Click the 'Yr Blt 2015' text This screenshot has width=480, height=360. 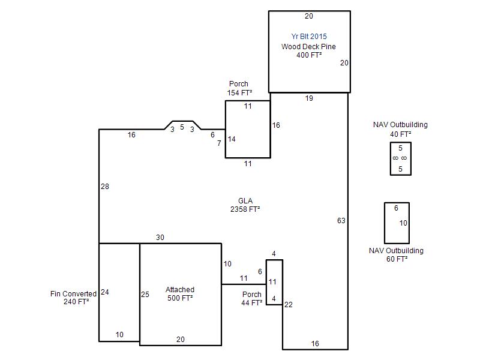coord(309,37)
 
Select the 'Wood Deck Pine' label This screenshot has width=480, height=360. coord(308,47)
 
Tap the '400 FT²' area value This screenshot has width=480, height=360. coord(309,55)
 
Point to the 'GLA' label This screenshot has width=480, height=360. coord(245,201)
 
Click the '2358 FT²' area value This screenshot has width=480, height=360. coord(245,209)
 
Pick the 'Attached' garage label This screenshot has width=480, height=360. coord(180,290)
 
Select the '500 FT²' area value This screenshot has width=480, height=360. coord(180,298)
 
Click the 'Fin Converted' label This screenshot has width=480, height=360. coord(73,294)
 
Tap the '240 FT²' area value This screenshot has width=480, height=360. coord(76,302)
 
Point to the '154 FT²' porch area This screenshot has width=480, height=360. coord(239,93)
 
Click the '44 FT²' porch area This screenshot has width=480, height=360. coord(251,303)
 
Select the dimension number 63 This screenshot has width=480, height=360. coord(341,220)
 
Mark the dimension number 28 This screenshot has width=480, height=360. coord(105,187)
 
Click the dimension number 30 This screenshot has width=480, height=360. coord(160,237)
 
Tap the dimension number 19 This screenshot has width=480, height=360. coord(309,98)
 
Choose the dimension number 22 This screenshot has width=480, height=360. coord(289,305)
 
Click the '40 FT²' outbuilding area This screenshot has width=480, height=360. coord(400,134)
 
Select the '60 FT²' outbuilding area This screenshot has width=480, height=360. coord(397,259)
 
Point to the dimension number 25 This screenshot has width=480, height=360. coord(145,295)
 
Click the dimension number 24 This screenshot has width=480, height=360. coord(105,292)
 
